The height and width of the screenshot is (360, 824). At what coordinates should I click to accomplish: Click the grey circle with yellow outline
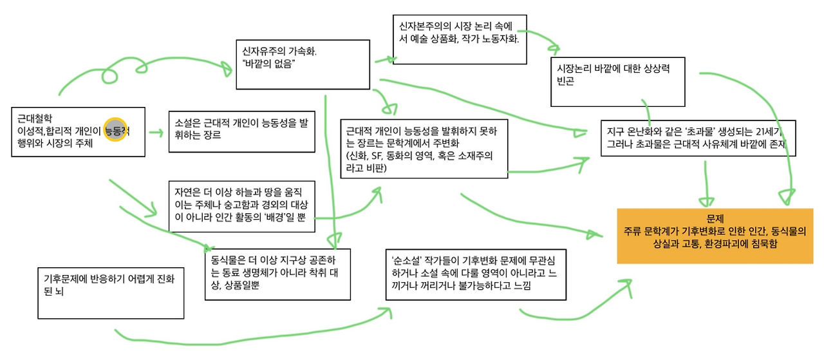[x=116, y=129]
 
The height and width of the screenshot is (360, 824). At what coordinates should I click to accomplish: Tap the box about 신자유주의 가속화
[x=303, y=64]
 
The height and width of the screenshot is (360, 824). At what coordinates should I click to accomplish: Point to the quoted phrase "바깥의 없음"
[x=268, y=64]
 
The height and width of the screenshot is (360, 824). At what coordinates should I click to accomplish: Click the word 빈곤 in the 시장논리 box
[x=564, y=82]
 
